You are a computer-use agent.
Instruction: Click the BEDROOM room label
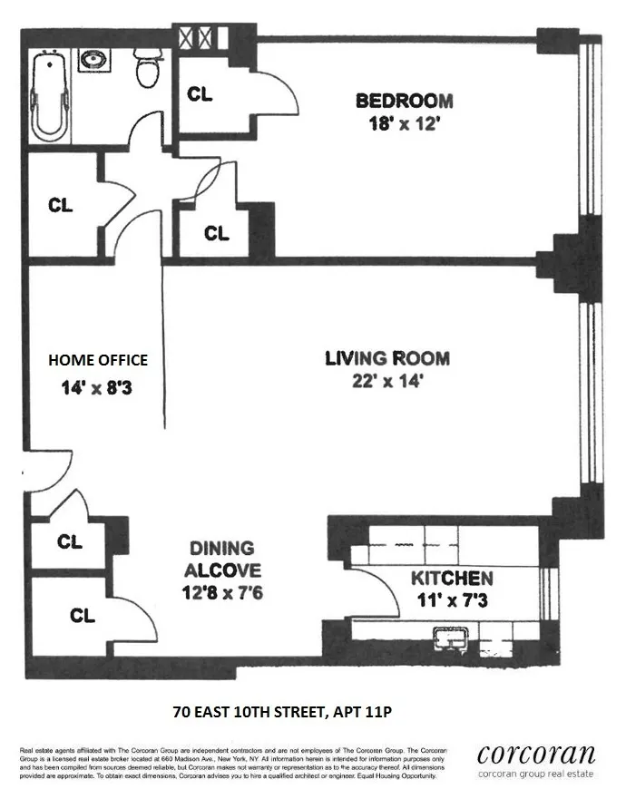pos(404,101)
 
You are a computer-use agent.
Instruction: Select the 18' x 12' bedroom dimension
pos(404,124)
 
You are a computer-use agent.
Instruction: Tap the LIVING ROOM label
pos(387,358)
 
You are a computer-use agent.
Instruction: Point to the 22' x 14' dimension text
pos(387,382)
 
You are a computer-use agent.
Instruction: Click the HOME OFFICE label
pos(98,360)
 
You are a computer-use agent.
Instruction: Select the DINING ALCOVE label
pos(222,560)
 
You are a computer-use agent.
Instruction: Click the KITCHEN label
pos(452,579)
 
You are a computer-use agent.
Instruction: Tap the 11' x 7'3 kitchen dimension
pos(452,599)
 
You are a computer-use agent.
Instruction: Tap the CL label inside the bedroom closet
pos(200,93)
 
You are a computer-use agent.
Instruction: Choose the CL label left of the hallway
pos(61,206)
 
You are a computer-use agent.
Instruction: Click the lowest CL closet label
pos(83,616)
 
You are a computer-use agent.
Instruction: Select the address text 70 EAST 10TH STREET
pos(249,711)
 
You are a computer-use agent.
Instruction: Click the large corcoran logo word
pos(536,755)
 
